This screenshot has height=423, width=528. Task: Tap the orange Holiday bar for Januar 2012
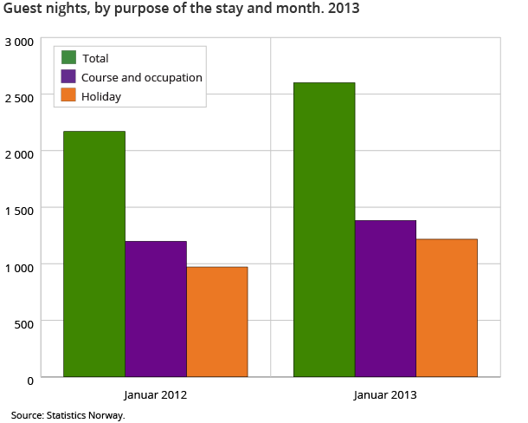pyautogui.click(x=217, y=322)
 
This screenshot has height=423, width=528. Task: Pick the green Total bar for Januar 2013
pyautogui.click(x=324, y=230)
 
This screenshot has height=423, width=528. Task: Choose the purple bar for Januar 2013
pyautogui.click(x=385, y=298)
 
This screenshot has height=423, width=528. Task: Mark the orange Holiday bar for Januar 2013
pyautogui.click(x=447, y=308)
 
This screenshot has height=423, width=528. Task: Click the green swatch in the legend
pyautogui.click(x=69, y=57)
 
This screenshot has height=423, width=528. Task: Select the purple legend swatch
pyautogui.click(x=69, y=76)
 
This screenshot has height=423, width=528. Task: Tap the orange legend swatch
pyautogui.click(x=69, y=95)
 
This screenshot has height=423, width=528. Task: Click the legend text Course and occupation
pyautogui.click(x=142, y=77)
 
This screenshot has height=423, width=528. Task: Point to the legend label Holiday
pyautogui.click(x=101, y=96)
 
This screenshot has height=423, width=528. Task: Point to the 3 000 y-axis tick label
pyautogui.click(x=18, y=42)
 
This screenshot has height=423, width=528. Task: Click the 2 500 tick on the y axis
pyautogui.click(x=18, y=98)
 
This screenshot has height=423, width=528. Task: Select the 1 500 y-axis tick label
pyautogui.click(x=18, y=210)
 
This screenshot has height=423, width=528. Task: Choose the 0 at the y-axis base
pyautogui.click(x=29, y=381)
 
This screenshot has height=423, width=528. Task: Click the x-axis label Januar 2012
pyautogui.click(x=156, y=395)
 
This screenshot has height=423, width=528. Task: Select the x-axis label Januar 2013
pyautogui.click(x=385, y=395)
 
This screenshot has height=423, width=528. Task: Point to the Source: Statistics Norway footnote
pyautogui.click(x=68, y=414)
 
